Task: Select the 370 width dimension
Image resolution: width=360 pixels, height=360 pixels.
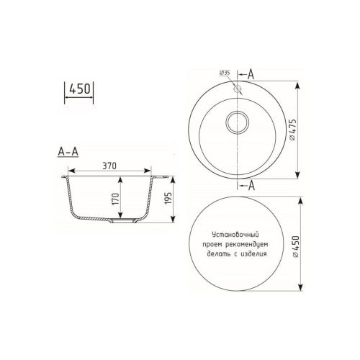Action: click(109, 166)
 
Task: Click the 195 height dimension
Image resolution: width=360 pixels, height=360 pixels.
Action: click(168, 200)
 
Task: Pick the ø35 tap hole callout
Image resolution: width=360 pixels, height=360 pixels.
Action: click(223, 73)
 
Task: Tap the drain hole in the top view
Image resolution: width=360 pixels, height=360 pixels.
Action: click(237, 124)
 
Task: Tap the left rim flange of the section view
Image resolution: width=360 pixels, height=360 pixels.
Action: click(65, 175)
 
